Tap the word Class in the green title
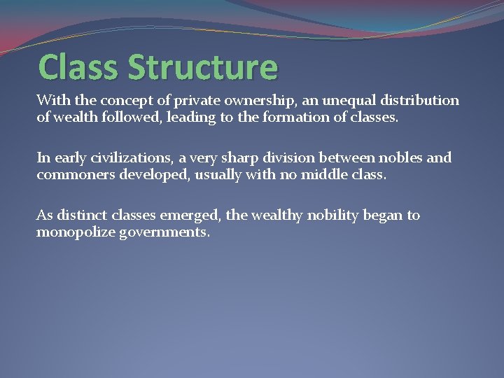pos(79,67)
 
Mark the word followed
pos(131,118)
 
